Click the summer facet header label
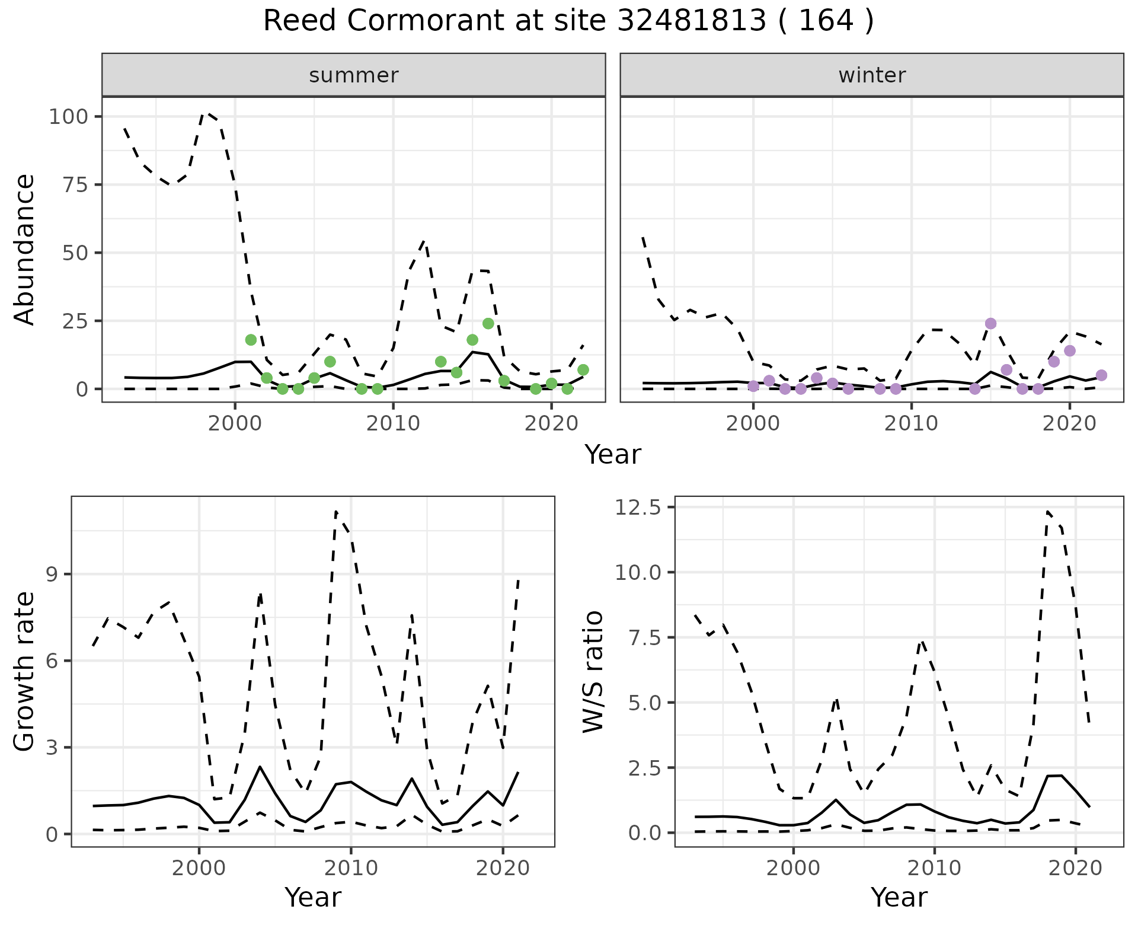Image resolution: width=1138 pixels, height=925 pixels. point(354,75)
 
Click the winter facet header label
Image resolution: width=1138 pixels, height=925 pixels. point(872,75)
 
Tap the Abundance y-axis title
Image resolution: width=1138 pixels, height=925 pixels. point(24,250)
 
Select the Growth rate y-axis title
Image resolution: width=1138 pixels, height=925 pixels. point(24,672)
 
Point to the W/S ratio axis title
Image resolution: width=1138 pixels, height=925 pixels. point(593,672)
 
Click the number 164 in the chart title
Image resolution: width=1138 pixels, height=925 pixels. point(825,21)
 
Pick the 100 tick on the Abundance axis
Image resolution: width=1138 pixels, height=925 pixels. point(66,116)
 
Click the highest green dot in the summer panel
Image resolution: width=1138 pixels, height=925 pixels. point(488,323)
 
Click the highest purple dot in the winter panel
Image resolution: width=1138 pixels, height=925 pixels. point(990,323)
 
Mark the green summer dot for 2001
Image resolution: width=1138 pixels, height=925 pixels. point(251,340)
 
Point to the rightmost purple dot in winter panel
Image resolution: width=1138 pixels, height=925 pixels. point(1101,375)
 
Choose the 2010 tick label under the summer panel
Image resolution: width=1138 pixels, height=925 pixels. point(393,423)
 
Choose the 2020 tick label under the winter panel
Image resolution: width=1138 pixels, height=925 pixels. point(1070,423)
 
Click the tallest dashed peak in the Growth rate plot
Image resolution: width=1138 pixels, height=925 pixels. point(336,511)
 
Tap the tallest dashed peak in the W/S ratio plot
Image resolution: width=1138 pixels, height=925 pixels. point(1048,511)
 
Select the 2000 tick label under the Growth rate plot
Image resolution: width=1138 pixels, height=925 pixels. point(199,869)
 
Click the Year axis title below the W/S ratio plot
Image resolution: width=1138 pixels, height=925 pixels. point(899,897)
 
